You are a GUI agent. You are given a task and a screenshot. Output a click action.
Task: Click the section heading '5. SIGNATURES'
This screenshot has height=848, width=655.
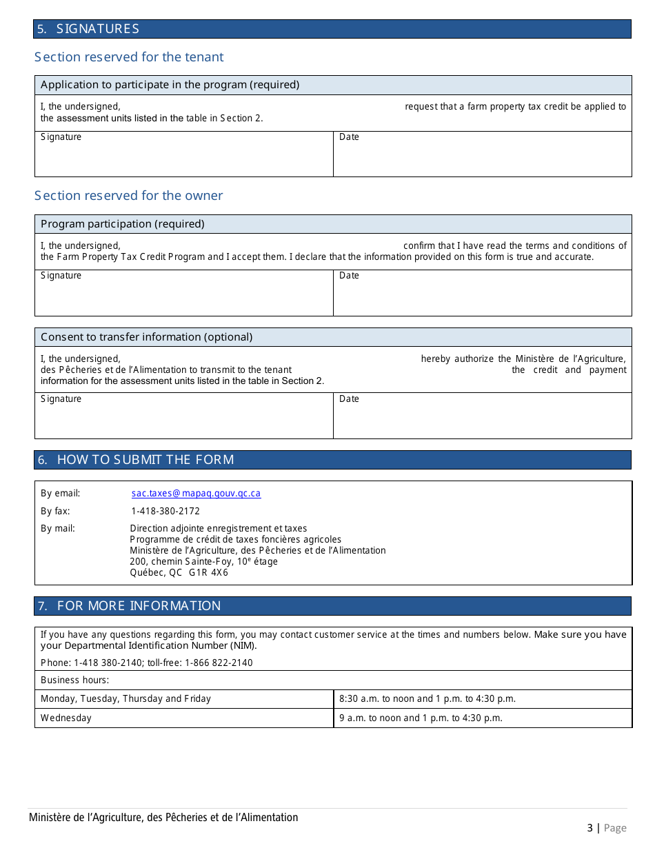coord(88,29)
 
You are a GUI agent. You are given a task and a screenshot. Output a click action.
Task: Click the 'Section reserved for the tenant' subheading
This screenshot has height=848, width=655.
coord(129,57)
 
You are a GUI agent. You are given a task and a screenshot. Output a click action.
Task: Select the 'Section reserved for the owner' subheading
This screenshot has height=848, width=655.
coord(129,196)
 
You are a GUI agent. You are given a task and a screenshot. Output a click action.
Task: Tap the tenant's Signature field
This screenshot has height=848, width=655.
coord(183,154)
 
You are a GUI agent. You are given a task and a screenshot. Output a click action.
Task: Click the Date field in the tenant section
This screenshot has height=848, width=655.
coord(482,154)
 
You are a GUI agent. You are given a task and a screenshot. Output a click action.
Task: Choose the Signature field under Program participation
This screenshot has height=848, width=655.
coord(183,293)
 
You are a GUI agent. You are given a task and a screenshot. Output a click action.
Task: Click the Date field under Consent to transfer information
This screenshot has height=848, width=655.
coord(482,416)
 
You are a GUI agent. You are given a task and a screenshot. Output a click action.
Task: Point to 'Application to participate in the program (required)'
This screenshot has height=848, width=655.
coord(170,85)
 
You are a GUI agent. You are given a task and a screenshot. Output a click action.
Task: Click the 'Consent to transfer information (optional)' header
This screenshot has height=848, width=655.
coord(146,337)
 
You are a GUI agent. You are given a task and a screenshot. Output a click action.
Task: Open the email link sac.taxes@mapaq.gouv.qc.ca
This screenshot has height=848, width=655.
coord(196,494)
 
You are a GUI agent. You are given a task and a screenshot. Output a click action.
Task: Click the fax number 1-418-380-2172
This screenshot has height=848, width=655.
coord(165,512)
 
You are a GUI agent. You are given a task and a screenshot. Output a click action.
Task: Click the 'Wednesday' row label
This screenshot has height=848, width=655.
coord(66,718)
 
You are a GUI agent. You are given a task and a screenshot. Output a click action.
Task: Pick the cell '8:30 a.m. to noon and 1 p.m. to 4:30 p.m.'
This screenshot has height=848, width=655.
coord(427,699)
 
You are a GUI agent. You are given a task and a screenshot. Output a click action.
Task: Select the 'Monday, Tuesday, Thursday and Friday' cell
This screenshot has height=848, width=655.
coord(125,699)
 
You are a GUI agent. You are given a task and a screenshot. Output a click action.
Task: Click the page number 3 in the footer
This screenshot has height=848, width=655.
coord(589,828)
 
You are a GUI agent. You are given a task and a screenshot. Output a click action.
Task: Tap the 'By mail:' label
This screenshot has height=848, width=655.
coord(58,529)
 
